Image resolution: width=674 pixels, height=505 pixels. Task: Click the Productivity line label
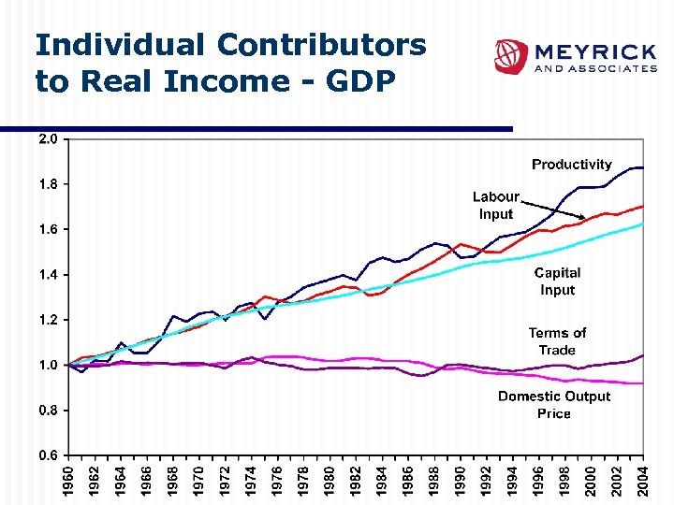[571, 165]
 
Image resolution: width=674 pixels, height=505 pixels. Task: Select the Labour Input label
[495, 206]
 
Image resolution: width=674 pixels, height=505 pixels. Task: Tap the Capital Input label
[557, 281]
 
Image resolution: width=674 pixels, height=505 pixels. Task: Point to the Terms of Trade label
[557, 341]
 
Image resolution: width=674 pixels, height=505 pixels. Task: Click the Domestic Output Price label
[554, 405]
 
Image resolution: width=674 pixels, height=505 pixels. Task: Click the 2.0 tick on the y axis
[47, 139]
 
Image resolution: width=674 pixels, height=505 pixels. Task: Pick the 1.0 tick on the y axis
[47, 365]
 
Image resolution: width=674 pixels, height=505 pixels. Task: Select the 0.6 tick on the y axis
[47, 455]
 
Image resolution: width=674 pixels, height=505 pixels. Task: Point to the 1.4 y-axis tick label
[47, 275]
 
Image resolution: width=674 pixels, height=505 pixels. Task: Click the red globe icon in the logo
[511, 56]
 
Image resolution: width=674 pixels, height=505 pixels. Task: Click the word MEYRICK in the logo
[594, 50]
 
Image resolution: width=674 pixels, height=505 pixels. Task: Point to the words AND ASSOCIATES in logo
[594, 69]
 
